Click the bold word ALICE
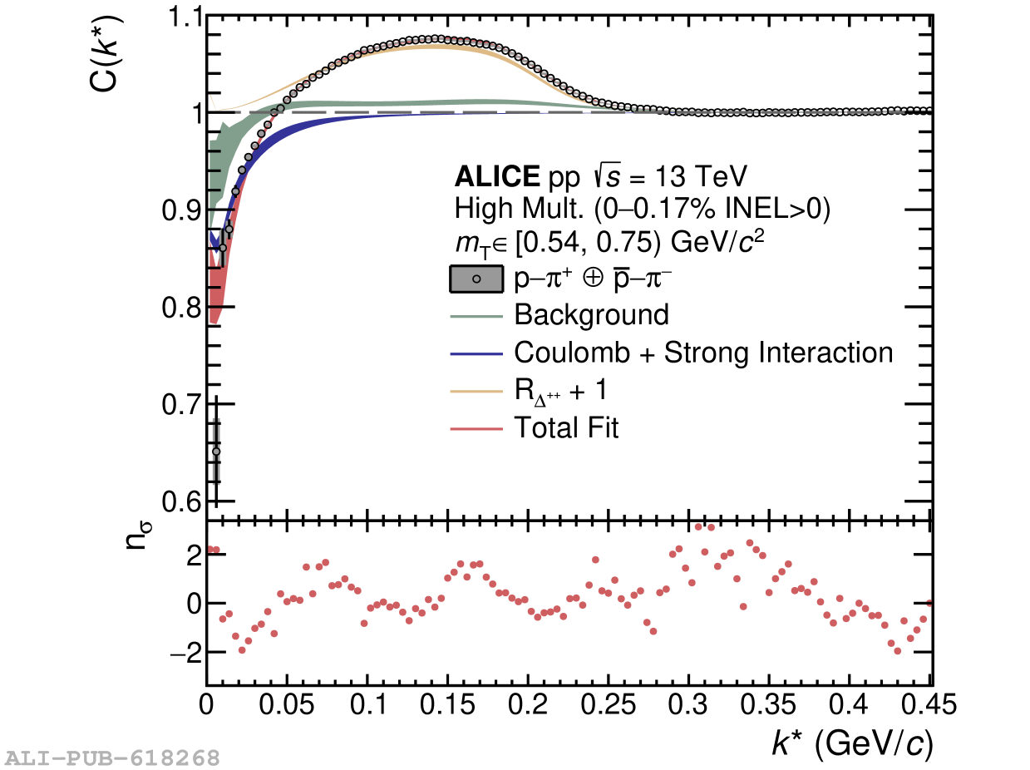pyautogui.click(x=496, y=177)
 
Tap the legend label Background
pyautogui.click(x=591, y=315)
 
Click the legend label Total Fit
pyautogui.click(x=566, y=428)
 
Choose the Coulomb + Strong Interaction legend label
pyautogui.click(x=703, y=353)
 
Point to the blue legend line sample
pyautogui.click(x=476, y=353)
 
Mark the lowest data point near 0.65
pyautogui.click(x=216, y=452)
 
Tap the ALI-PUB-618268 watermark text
pyautogui.click(x=113, y=758)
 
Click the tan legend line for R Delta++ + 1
pyautogui.click(x=476, y=391)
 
